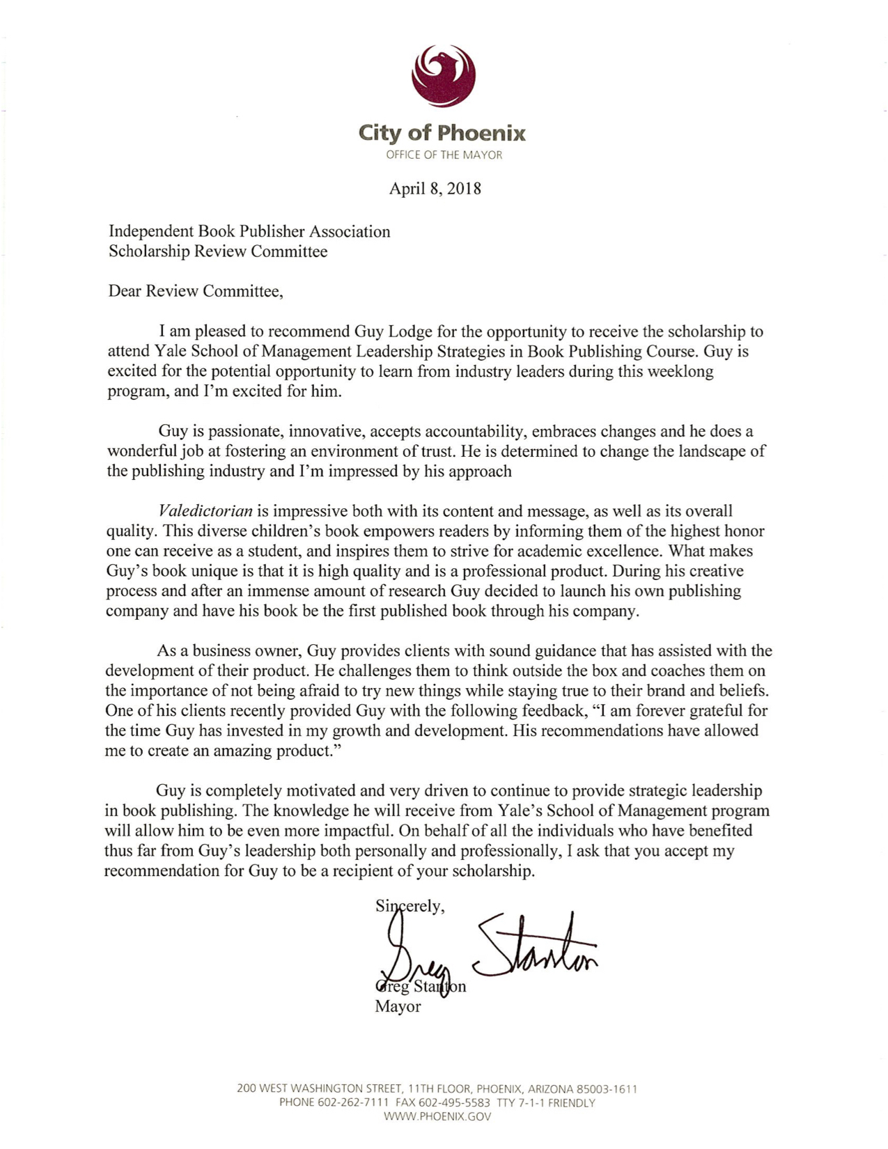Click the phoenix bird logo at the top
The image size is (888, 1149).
[444, 75]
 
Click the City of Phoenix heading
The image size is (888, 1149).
[442, 132]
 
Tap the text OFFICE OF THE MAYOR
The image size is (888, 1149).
[444, 155]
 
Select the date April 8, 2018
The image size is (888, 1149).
[435, 189]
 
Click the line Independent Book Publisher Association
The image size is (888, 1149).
[249, 231]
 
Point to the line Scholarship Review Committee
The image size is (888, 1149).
[217, 251]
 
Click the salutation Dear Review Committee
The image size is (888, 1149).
[195, 291]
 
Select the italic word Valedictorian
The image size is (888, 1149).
[205, 511]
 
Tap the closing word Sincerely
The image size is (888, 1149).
[409, 906]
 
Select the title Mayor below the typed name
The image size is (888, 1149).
[398, 1007]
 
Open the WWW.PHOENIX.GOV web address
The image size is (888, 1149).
[437, 1117]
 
